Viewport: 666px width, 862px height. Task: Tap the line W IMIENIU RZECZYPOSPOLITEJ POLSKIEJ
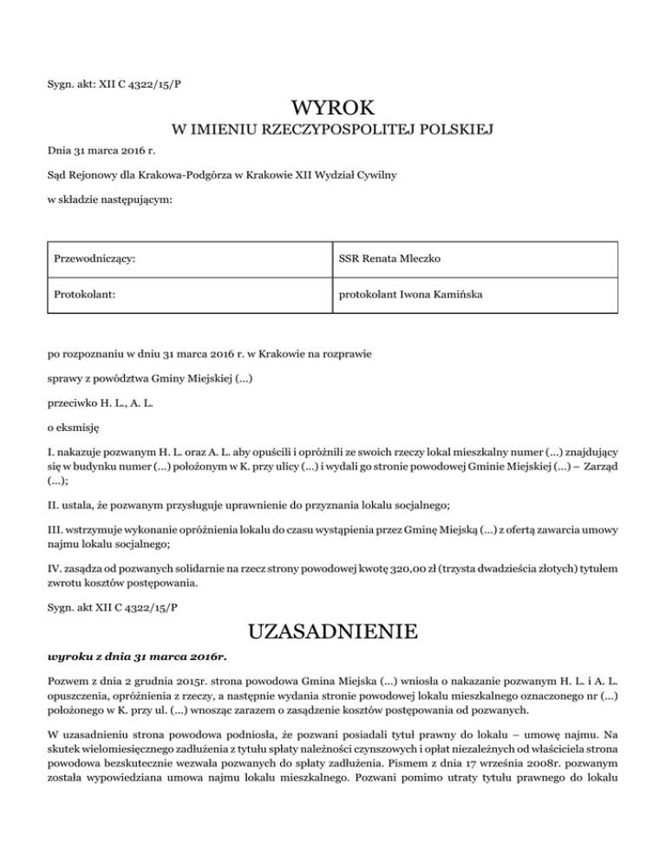click(x=333, y=132)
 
